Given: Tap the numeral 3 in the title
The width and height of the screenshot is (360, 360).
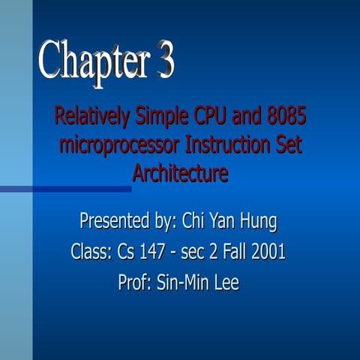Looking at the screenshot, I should click(164, 60).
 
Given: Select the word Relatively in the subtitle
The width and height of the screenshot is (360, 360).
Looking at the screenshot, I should click(92, 118).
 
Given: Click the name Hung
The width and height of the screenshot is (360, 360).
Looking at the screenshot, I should click(257, 222).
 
